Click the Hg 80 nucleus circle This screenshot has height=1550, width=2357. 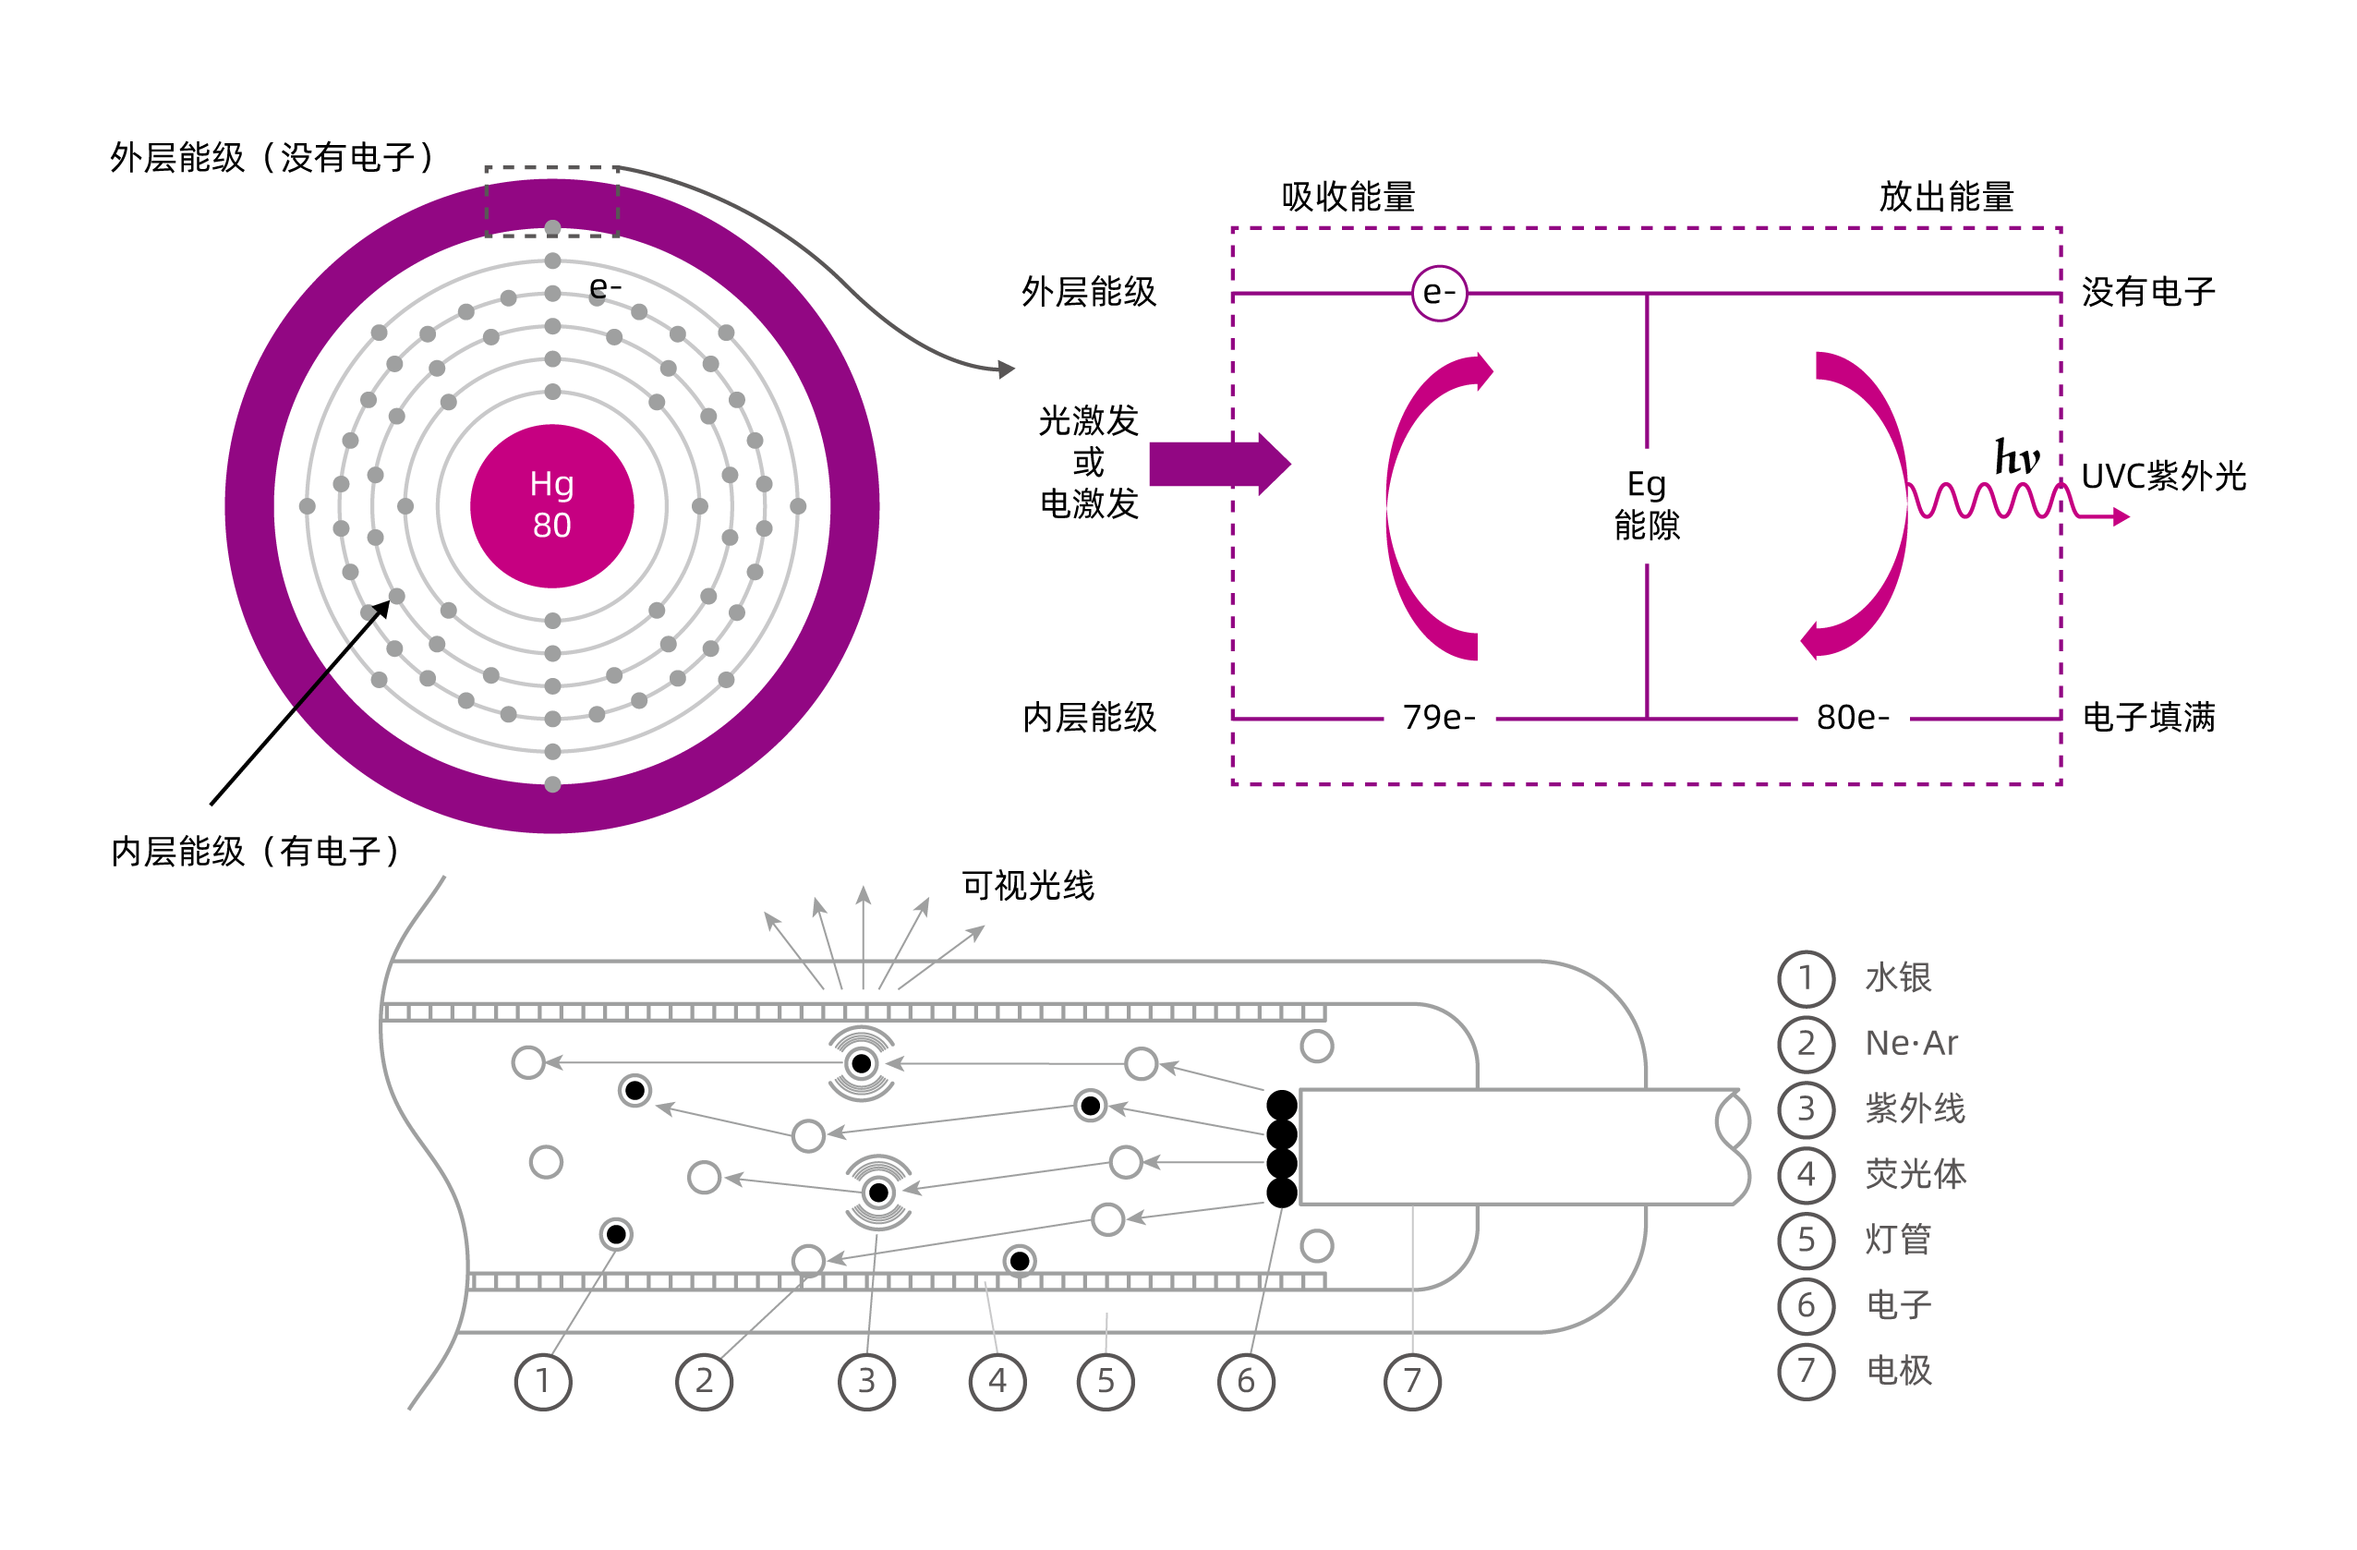pos(551,505)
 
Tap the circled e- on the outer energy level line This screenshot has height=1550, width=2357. pos(1438,293)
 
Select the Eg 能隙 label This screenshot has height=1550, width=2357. pos(1646,504)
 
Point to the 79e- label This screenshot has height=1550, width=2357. pos(1438,717)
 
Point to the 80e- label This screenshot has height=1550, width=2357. pos(1852,717)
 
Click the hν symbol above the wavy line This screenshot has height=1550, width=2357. pos(2016,457)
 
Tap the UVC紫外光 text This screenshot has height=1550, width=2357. pos(2163,477)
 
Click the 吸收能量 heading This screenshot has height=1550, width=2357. pos(1348,196)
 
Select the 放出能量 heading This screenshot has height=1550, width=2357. pos(1946,196)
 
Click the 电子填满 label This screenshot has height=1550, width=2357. pos(2148,717)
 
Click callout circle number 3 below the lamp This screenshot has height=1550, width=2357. pos(866,1381)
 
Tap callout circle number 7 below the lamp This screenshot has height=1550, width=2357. pos(1412,1381)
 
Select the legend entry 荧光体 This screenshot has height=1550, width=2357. pos(1915,1174)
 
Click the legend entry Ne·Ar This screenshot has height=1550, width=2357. pos(1910,1043)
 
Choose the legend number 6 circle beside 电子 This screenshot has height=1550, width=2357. pos(1806,1304)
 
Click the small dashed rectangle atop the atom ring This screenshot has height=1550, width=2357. pos(551,201)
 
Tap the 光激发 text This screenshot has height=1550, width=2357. pos(1088,421)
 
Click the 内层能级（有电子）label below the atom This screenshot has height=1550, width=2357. pos(256,851)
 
